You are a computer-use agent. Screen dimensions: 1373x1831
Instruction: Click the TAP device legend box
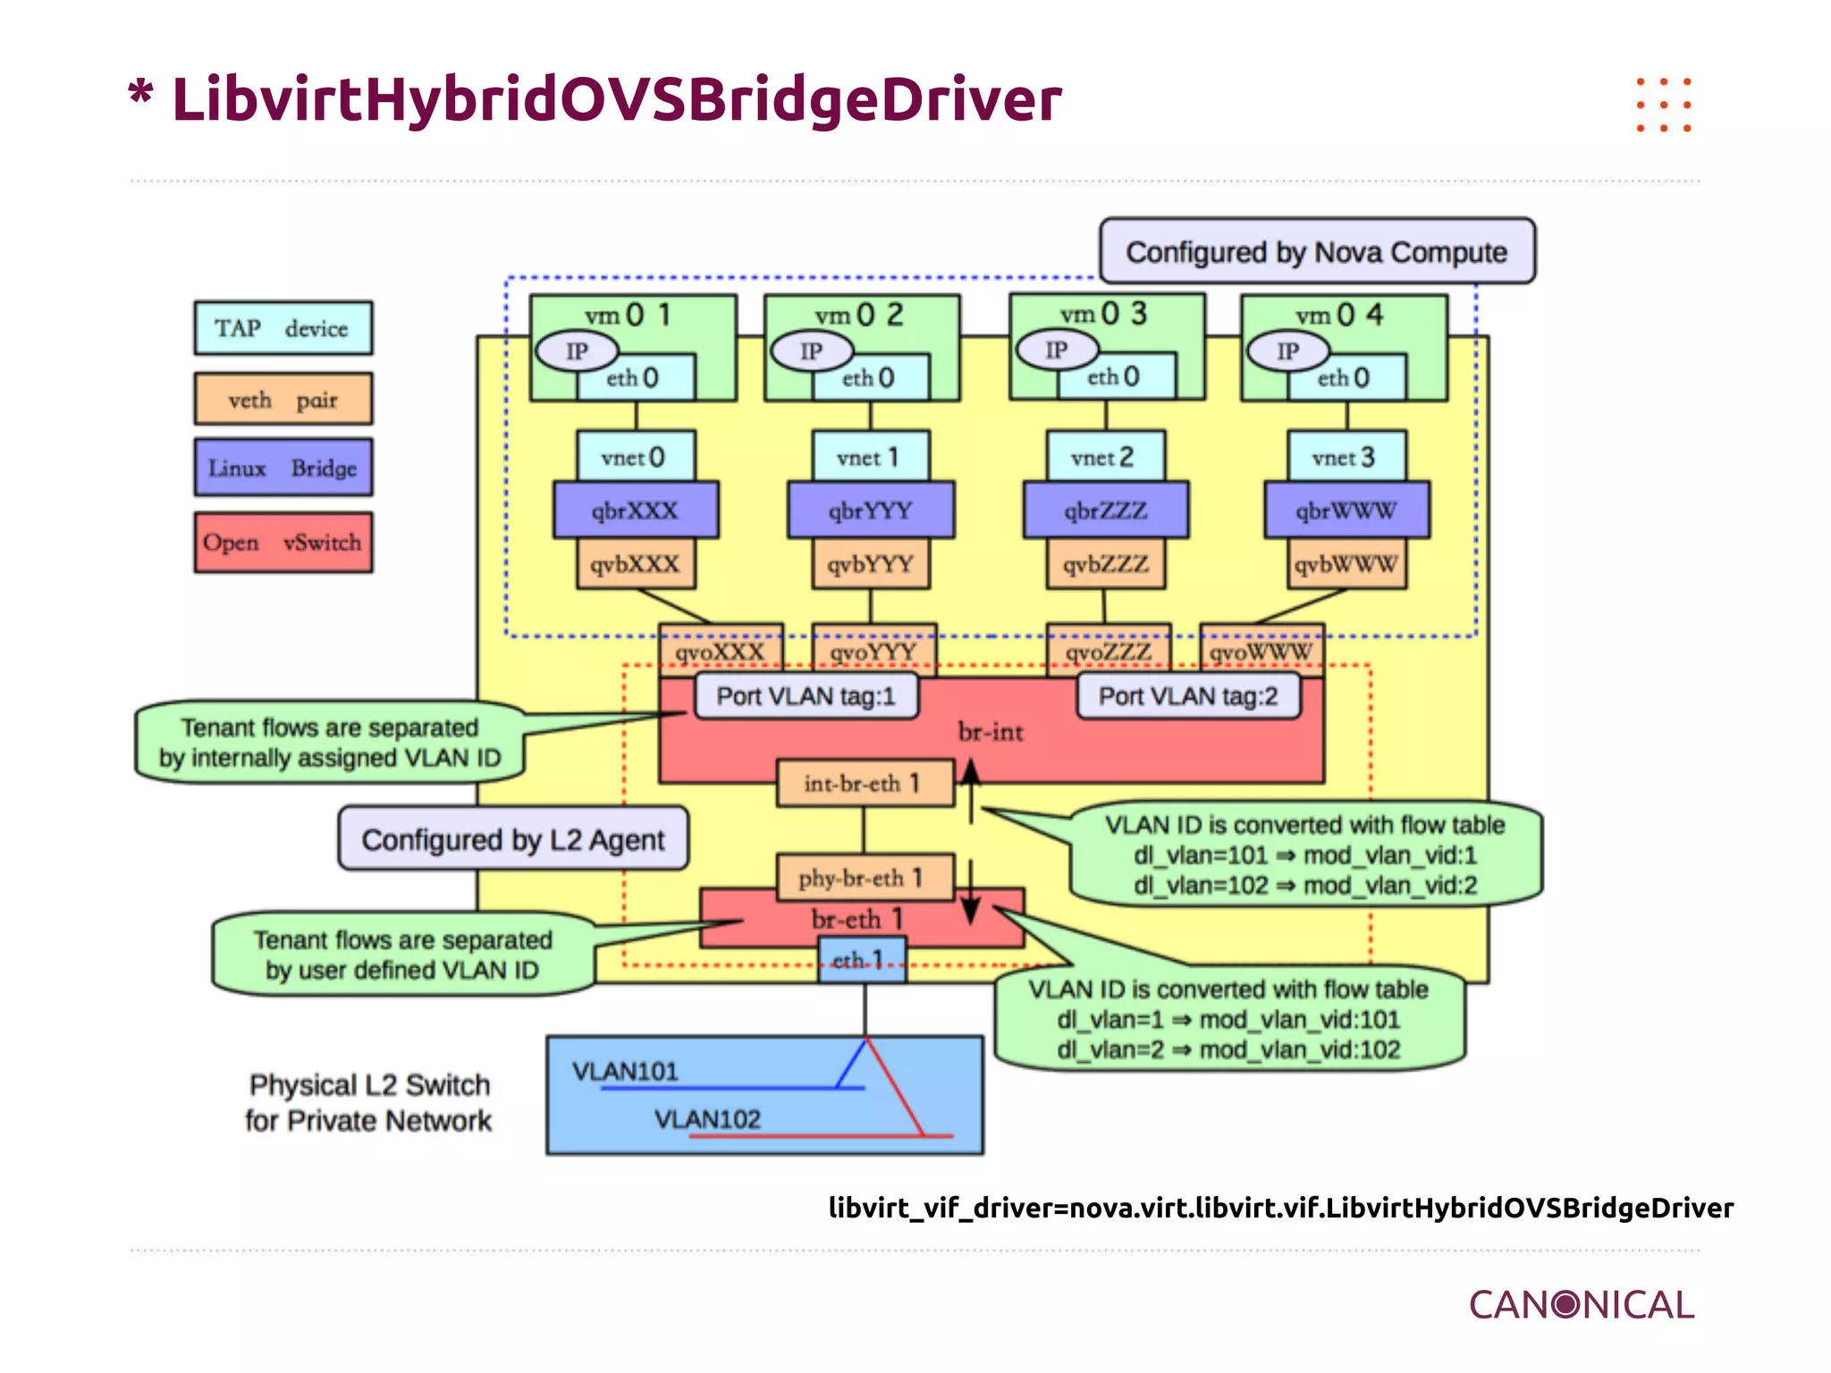(283, 328)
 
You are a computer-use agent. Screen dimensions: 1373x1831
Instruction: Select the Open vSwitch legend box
(283, 543)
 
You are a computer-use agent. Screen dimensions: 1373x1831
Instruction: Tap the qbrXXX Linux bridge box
(635, 510)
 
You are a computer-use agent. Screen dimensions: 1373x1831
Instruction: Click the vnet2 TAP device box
(1105, 457)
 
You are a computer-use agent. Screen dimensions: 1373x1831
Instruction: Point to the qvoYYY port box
(873, 651)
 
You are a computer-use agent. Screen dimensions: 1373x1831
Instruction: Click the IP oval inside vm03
(1057, 350)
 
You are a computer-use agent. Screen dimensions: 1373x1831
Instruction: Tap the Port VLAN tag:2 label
(1187, 696)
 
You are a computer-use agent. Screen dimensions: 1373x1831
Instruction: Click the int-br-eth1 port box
(864, 784)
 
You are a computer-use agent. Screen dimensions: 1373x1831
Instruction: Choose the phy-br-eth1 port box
(864, 878)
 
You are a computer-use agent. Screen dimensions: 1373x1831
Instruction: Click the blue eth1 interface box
(862, 961)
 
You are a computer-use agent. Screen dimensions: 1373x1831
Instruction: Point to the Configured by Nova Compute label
(1316, 252)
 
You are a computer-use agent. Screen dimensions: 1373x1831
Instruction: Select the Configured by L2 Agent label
(513, 839)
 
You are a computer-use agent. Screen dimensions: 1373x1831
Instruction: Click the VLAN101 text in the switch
(626, 1071)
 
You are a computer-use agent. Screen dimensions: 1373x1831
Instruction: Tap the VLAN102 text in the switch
(707, 1119)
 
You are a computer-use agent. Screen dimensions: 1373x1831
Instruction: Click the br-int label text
(991, 732)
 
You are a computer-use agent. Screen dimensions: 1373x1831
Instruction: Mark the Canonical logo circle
(1566, 1304)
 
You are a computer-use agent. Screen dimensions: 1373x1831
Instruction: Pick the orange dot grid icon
(1663, 105)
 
